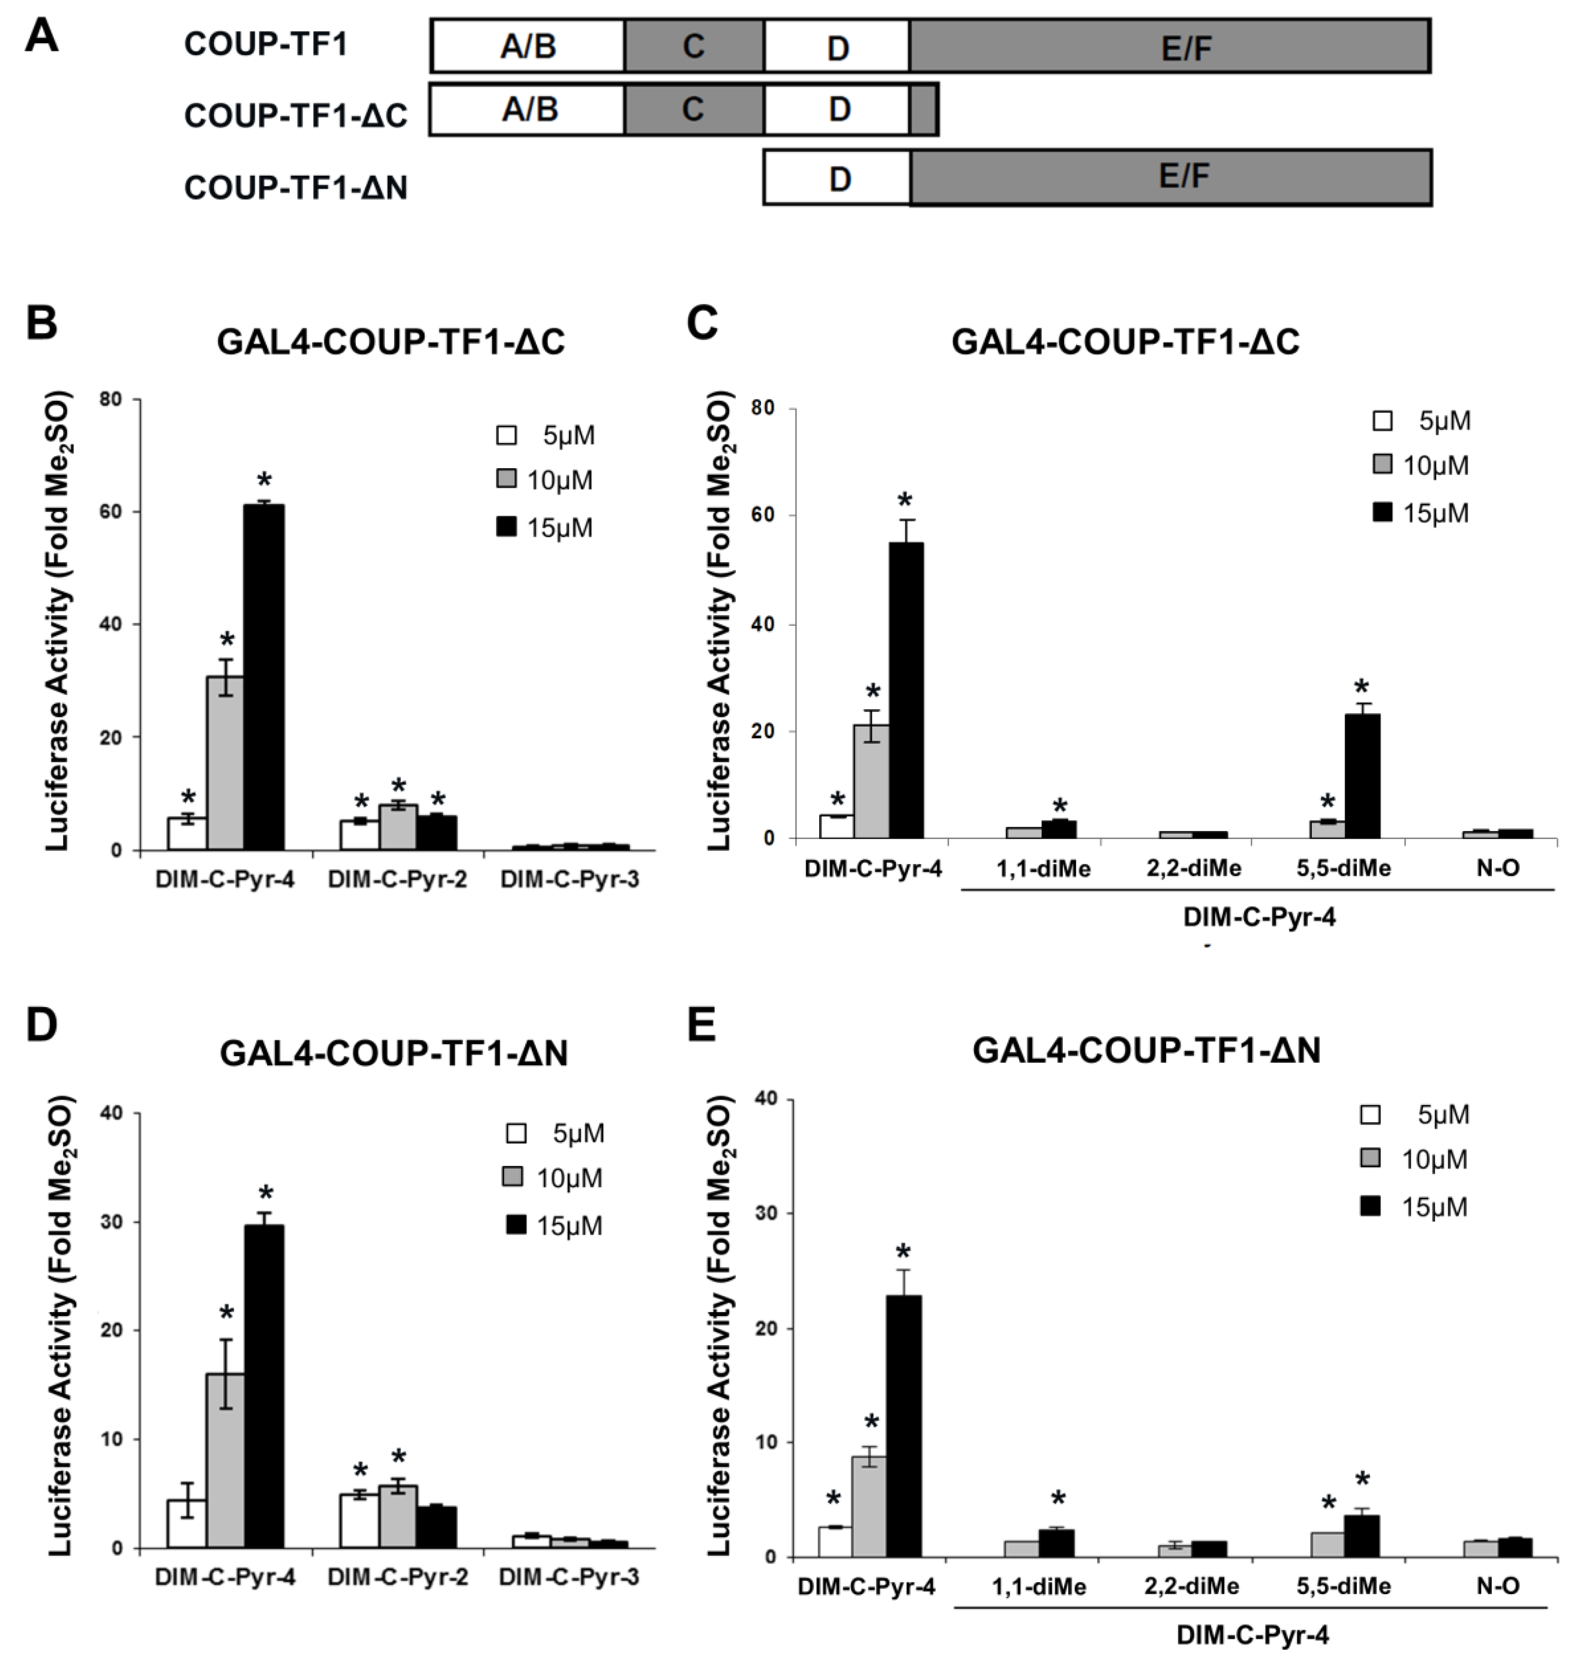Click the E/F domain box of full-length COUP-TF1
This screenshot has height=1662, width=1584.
[1170, 47]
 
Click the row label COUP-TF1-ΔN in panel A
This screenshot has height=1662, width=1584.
[296, 187]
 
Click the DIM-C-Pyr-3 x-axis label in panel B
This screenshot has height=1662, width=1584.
[569, 880]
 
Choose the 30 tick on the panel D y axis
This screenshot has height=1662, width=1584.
[112, 1222]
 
